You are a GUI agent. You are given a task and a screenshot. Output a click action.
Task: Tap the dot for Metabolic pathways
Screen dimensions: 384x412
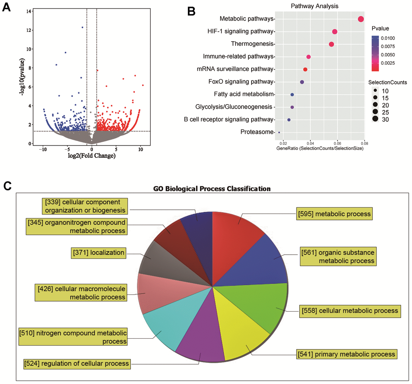(361, 19)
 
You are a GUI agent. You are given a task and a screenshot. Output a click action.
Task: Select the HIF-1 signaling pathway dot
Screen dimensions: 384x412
(334, 32)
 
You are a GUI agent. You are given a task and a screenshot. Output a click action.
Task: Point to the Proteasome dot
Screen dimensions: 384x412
(279, 132)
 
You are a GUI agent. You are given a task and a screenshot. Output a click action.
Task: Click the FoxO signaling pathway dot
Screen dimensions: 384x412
(302, 82)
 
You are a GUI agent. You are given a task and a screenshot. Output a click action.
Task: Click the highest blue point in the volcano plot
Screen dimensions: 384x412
(82, 27)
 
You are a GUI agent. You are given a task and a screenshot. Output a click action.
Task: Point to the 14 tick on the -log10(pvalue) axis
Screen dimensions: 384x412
(29, 11)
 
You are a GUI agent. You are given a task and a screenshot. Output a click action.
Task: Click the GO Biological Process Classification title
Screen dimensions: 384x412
(212, 189)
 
